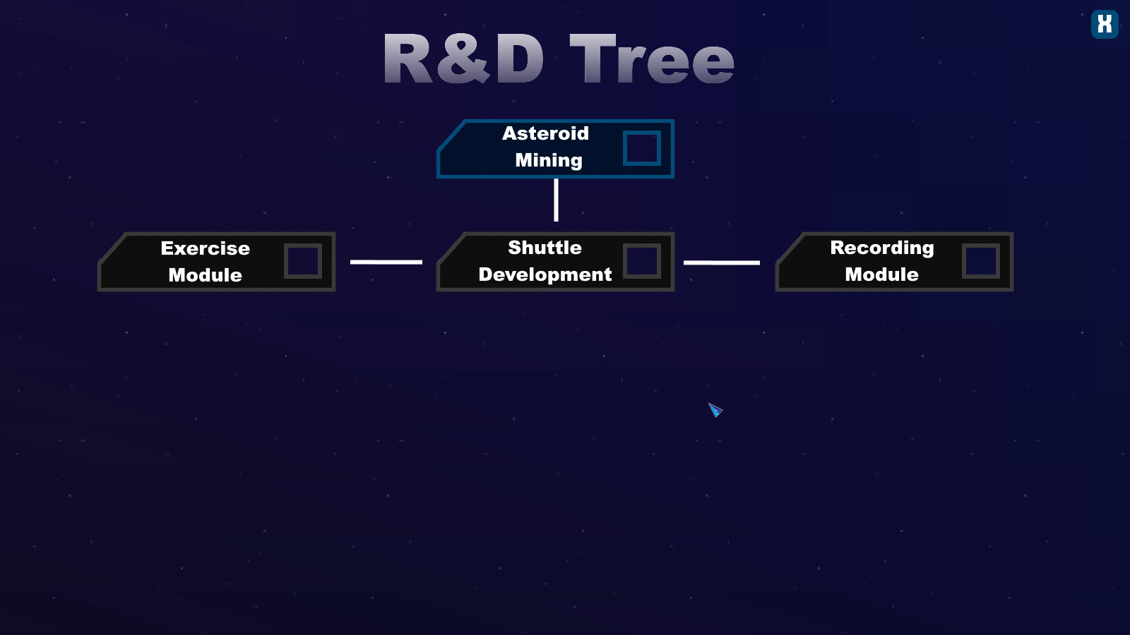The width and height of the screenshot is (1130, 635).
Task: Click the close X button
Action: [x=1105, y=24]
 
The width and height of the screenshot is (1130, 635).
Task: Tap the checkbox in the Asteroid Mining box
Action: [x=642, y=148]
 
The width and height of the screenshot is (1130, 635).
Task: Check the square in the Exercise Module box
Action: [x=303, y=261]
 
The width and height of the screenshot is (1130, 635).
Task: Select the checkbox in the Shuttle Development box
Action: [x=642, y=261]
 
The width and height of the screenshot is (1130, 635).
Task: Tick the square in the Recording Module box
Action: [x=981, y=261]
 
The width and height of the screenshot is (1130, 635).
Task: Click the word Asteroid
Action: [x=545, y=133]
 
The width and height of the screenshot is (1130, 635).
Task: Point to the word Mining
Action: [x=549, y=161]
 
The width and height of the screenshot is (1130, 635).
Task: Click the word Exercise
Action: [x=206, y=248]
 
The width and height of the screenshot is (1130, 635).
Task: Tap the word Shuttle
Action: [x=545, y=248]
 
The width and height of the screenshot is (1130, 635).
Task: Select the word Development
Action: [x=545, y=274]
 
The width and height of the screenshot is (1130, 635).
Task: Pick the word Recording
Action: [x=882, y=248]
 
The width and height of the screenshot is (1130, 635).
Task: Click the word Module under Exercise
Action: [x=206, y=275]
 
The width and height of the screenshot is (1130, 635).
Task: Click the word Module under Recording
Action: [x=882, y=274]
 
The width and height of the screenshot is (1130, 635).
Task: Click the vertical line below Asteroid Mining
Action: [x=556, y=200]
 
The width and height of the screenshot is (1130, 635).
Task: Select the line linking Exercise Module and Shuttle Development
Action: [x=386, y=262]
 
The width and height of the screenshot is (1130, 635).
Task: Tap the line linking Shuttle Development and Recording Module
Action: [x=721, y=262]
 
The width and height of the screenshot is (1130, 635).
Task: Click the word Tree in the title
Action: [x=652, y=59]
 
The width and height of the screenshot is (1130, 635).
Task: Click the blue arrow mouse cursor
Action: [x=715, y=410]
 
